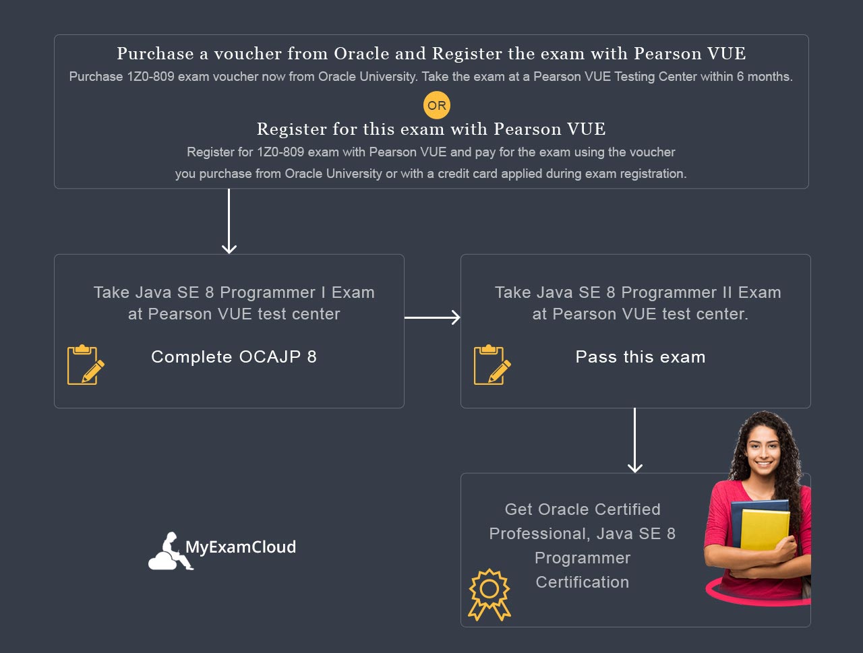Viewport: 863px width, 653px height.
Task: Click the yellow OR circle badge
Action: point(437,105)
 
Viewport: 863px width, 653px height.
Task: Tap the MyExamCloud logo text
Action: point(241,547)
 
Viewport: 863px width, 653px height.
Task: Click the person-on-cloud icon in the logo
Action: point(169,552)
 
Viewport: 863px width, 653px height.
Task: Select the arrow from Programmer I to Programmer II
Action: point(432,317)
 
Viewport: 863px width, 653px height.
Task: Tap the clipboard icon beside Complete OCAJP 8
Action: point(86,365)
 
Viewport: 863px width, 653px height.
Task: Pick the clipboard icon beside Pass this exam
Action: point(492,365)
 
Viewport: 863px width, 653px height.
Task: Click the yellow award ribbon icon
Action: point(489,594)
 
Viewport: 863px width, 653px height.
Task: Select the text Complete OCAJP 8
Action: point(234,357)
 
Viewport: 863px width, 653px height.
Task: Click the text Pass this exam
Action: point(641,357)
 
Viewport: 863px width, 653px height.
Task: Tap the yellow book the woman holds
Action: point(765,530)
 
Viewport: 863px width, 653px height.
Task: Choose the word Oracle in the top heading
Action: point(362,54)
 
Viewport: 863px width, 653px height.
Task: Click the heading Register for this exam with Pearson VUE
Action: point(431,129)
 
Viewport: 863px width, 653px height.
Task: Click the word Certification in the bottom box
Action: point(583,582)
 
